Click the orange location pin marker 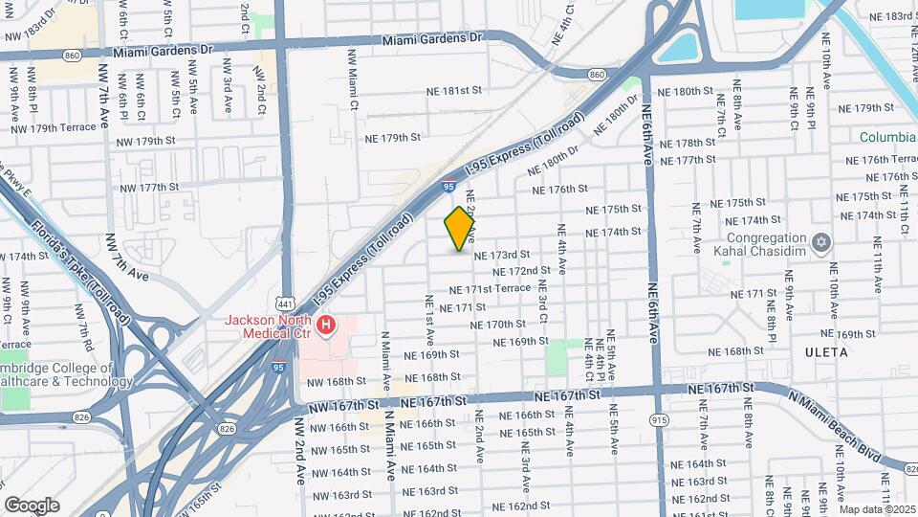tap(460, 229)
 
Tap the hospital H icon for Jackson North tap(327, 327)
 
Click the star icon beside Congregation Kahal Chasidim tap(820, 240)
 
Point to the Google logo tap(32, 505)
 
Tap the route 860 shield tap(598, 73)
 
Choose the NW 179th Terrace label tap(54, 127)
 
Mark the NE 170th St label tap(499, 325)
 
